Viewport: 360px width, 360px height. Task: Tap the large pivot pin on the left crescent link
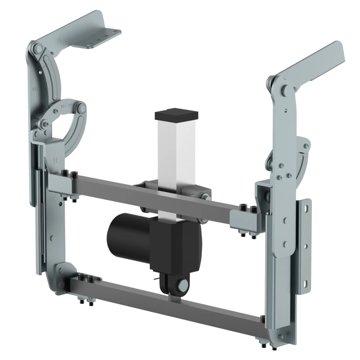(x=81, y=107)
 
